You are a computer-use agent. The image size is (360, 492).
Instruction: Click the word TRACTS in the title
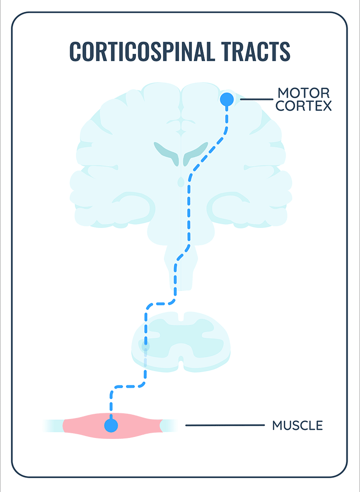(257, 51)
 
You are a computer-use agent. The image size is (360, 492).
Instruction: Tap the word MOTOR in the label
(303, 92)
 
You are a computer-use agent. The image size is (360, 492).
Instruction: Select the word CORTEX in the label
(304, 106)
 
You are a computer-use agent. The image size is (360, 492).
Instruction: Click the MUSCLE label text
(297, 425)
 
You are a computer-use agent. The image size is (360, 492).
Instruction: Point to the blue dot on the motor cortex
(227, 99)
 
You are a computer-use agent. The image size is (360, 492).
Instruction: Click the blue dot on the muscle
(111, 425)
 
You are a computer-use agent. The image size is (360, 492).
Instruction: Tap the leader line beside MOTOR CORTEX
(256, 100)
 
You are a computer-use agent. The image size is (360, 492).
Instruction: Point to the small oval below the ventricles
(180, 181)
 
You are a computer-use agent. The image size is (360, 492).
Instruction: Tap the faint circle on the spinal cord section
(145, 346)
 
